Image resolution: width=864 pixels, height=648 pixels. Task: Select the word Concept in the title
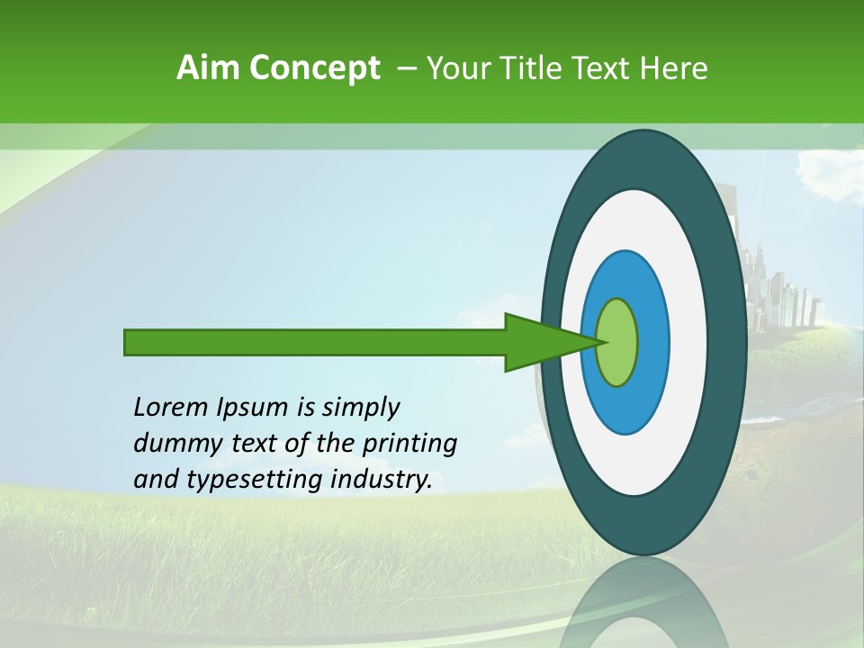point(314,68)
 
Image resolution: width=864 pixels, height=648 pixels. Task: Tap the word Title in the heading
point(522,68)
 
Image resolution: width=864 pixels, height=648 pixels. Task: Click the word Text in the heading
point(600,68)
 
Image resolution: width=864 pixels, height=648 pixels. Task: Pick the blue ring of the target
point(652,343)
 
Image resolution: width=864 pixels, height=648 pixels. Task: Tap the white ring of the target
point(688,343)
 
